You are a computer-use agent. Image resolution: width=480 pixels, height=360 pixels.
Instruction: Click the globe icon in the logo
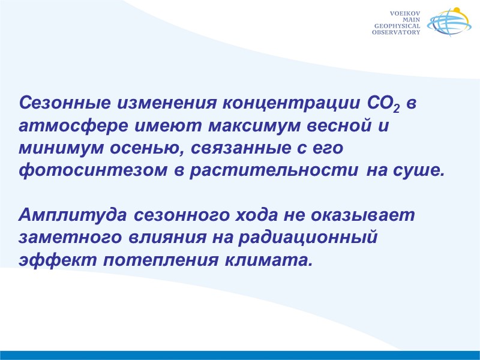(x=446, y=23)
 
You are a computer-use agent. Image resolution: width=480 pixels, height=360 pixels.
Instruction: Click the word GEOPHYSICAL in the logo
(x=397, y=26)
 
